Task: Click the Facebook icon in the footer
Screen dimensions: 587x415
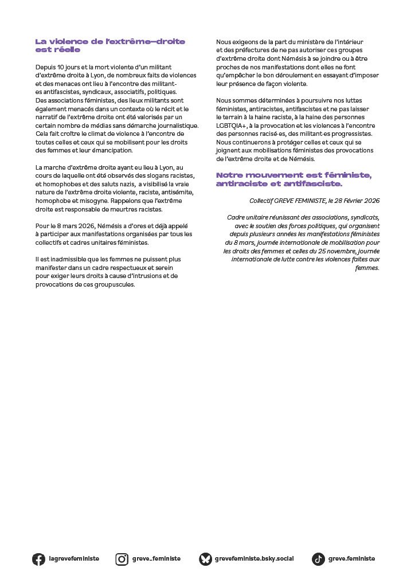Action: point(38,559)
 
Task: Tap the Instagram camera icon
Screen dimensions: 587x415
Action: point(122,559)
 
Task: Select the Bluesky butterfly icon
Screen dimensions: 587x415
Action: point(205,559)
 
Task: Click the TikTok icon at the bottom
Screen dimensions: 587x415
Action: point(318,559)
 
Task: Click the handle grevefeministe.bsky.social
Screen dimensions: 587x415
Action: point(254,559)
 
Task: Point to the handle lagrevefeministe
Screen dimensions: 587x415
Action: point(74,559)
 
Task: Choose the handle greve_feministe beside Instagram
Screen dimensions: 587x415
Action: point(156,559)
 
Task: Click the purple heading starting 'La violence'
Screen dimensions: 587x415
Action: point(118,45)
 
